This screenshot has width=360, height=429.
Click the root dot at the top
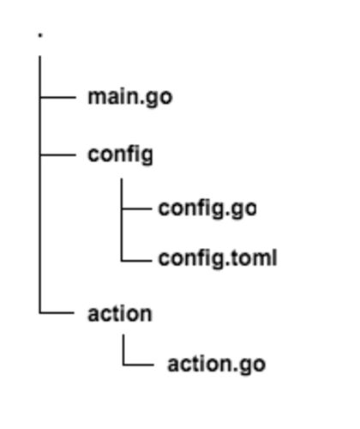tap(40, 35)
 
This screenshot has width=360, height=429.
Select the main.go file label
tap(130, 98)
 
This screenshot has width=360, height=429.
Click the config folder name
tap(120, 155)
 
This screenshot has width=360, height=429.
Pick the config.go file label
tap(207, 209)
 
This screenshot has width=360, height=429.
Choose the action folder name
tap(120, 314)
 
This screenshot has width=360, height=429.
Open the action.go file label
tap(217, 365)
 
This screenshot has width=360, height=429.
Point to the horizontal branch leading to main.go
tap(58, 98)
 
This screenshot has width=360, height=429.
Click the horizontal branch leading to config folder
tap(58, 154)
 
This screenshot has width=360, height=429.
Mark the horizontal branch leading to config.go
tap(136, 208)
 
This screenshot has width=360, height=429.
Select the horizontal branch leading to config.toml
tap(136, 261)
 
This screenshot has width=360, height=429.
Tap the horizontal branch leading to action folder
tap(57, 312)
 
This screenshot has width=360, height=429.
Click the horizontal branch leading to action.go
tap(139, 365)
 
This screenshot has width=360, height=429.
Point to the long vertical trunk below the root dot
tap(40, 184)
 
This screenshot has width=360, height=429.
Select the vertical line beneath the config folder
tap(122, 220)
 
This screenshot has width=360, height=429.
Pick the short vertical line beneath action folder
tap(123, 350)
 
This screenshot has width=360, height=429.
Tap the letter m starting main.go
tap(97, 98)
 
